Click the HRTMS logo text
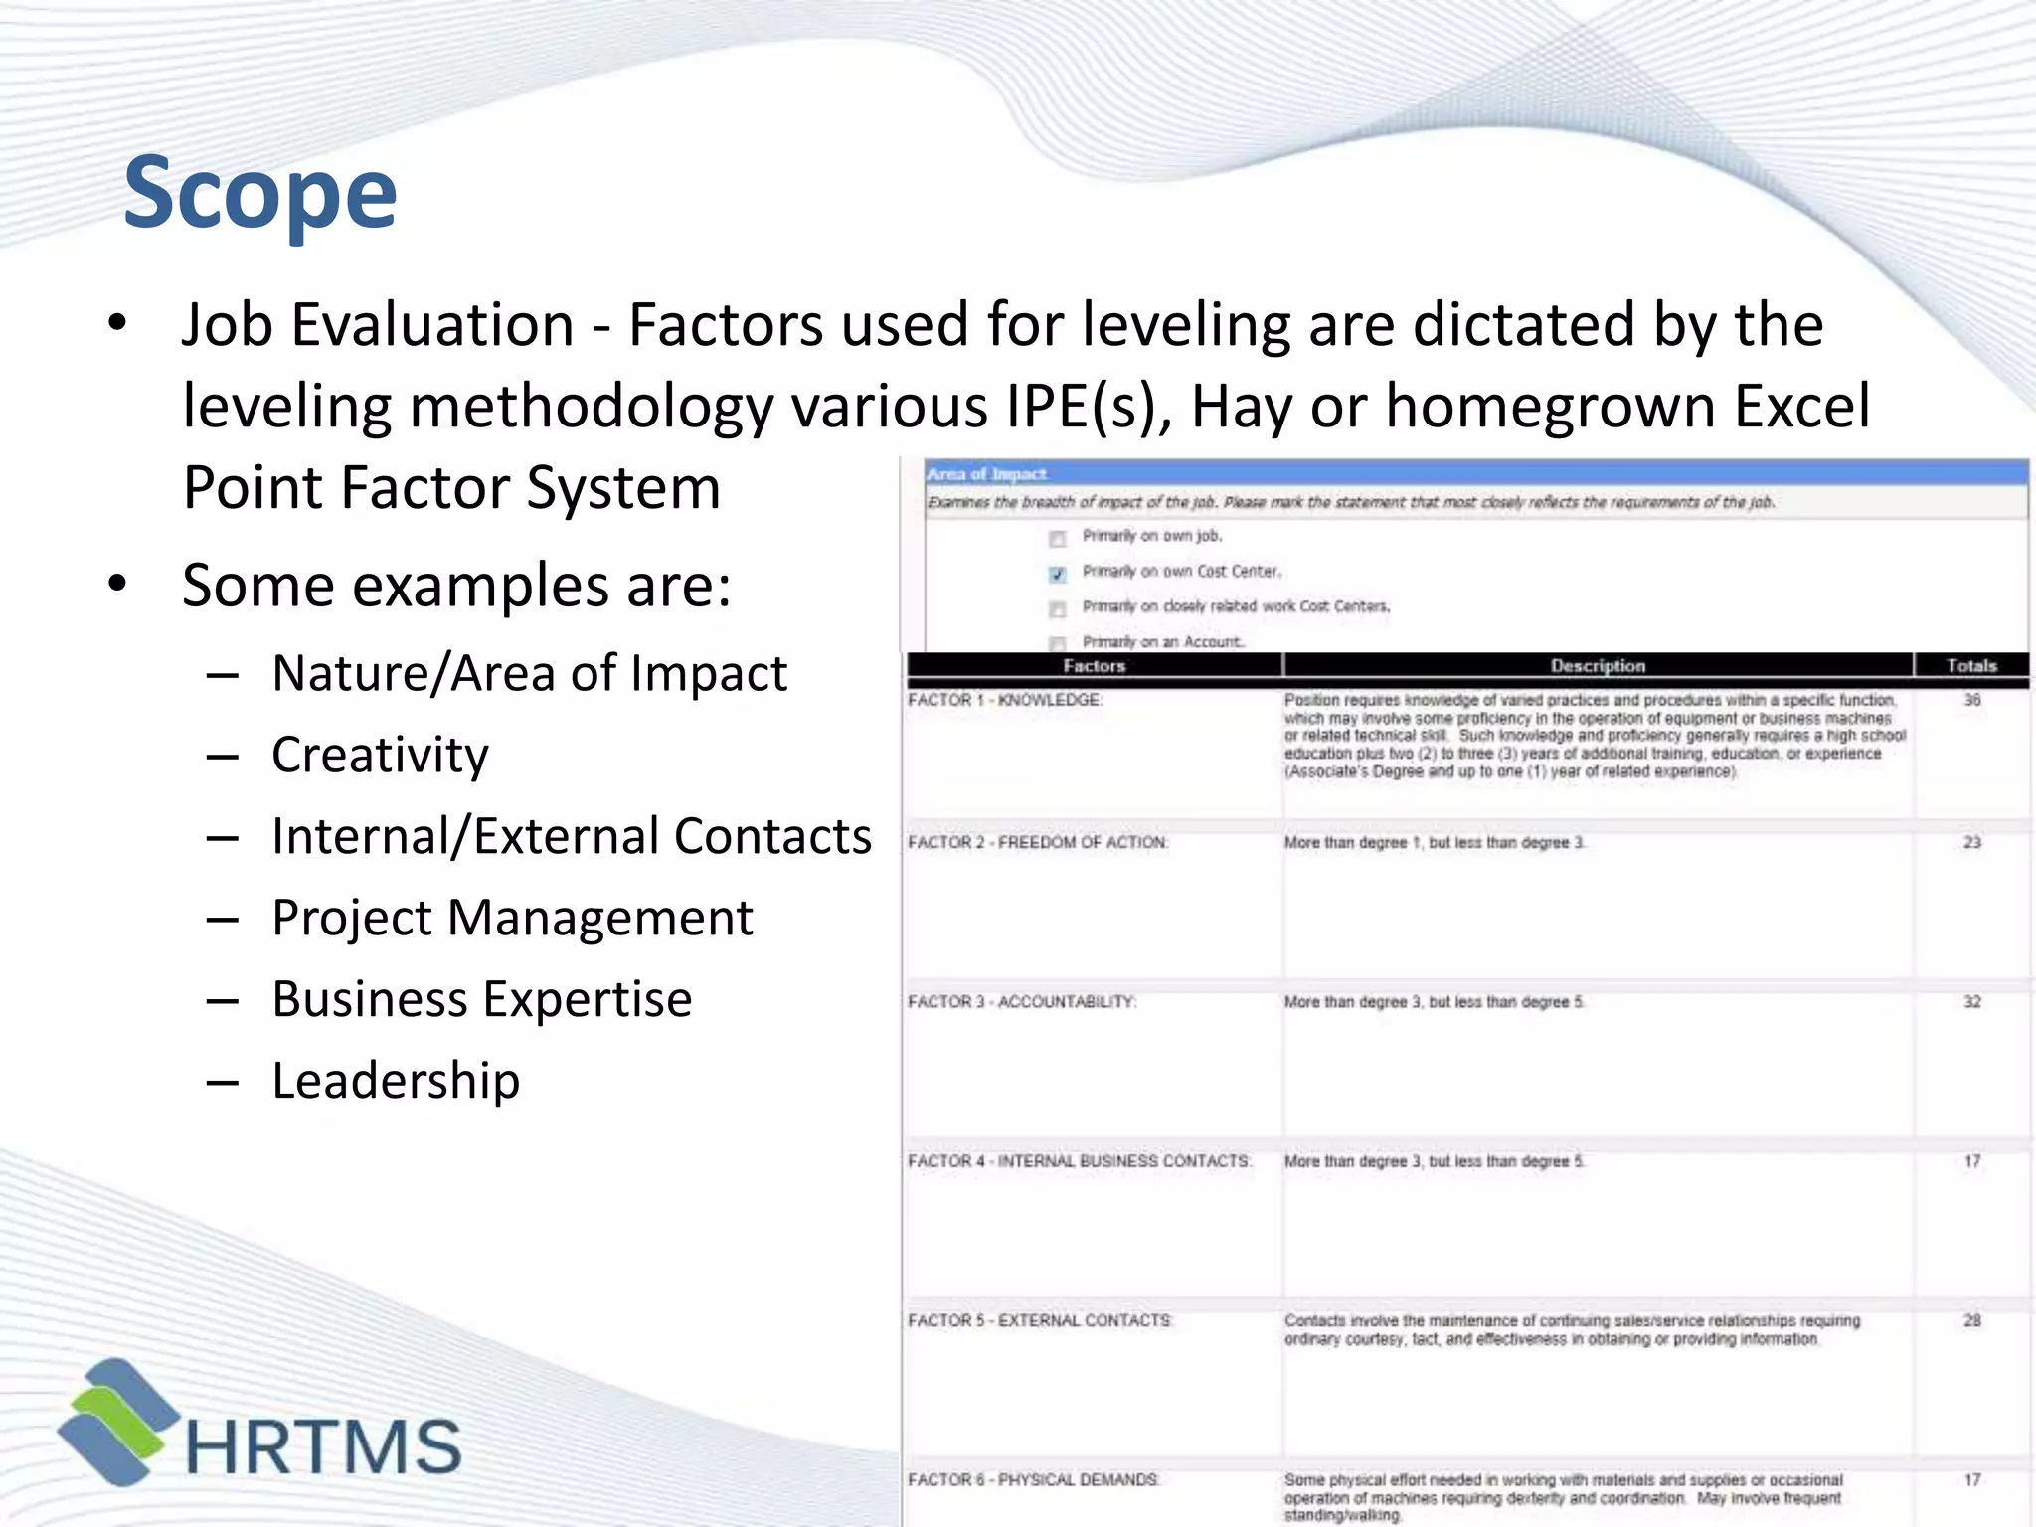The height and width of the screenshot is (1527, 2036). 323,1446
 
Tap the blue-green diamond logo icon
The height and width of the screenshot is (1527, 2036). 117,1422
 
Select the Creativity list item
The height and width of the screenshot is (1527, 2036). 380,755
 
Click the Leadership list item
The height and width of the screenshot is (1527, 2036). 396,1081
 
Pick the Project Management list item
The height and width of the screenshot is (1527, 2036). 512,918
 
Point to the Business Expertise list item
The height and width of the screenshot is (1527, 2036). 482,999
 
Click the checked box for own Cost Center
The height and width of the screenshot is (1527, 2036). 1057,574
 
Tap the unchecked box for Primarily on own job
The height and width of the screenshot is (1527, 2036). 1057,539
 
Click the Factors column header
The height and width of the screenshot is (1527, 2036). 1094,666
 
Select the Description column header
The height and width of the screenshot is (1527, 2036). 1598,666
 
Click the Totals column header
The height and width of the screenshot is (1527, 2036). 1971,666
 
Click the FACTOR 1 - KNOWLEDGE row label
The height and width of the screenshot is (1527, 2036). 1004,700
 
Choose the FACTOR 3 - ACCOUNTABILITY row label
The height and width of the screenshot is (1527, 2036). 1021,1002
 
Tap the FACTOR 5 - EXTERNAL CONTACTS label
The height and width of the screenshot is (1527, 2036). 1040,1321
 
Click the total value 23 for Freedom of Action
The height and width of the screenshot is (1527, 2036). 1972,843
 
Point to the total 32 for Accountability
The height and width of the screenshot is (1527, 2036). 1972,1002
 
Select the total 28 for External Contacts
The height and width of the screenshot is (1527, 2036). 1972,1321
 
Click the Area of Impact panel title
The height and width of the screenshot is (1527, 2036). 986,474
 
